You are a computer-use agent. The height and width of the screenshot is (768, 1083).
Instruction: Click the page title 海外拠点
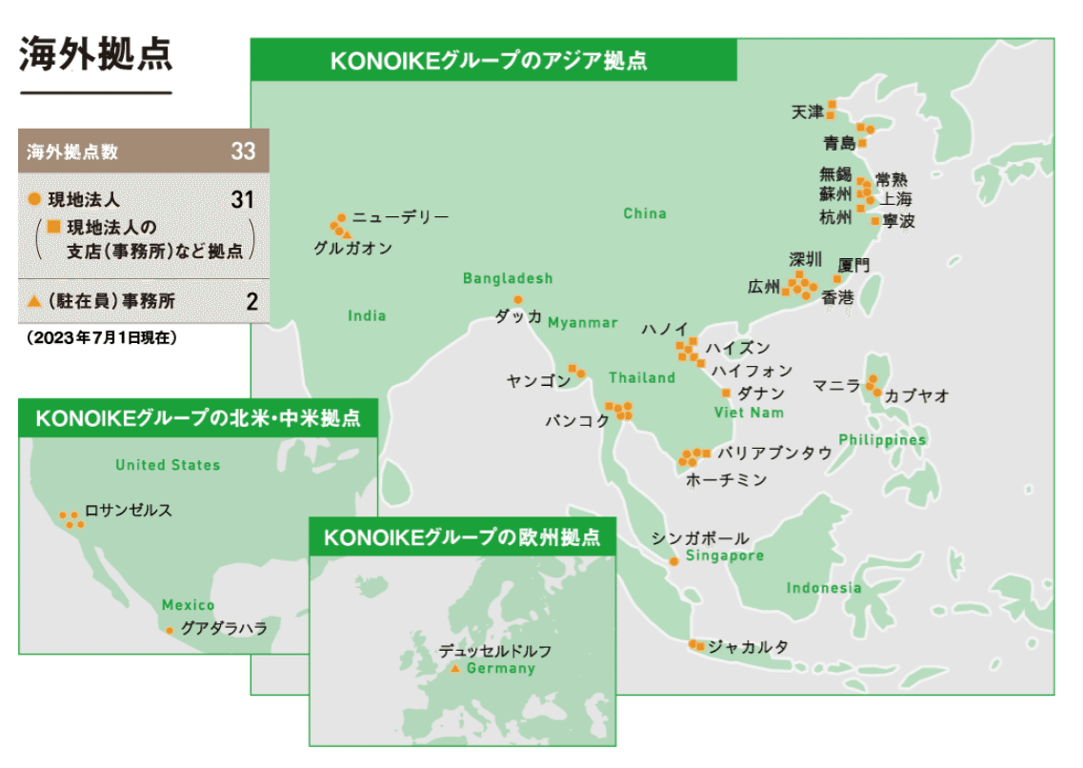(x=95, y=55)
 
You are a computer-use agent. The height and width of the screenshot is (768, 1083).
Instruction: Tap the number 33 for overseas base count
(x=243, y=152)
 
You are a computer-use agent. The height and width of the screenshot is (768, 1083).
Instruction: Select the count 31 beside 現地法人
(x=243, y=200)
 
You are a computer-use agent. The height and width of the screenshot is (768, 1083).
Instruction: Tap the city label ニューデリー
(x=400, y=217)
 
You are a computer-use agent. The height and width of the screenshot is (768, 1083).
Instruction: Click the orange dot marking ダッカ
(x=518, y=299)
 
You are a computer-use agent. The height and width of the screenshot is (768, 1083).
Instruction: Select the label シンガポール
(x=700, y=538)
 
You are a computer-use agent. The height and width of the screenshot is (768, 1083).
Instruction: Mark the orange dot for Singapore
(x=673, y=561)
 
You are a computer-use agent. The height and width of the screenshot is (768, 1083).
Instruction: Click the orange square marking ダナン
(x=727, y=393)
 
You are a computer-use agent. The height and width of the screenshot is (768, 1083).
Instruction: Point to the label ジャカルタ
(x=748, y=647)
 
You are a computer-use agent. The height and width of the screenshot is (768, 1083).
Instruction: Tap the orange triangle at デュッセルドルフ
(x=455, y=669)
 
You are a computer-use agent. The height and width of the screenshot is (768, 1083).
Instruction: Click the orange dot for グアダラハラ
(x=170, y=630)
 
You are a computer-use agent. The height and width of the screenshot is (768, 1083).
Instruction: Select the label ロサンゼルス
(x=129, y=510)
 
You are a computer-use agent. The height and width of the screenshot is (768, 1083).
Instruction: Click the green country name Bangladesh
(x=508, y=278)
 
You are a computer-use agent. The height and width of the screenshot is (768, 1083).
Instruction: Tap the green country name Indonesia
(x=823, y=588)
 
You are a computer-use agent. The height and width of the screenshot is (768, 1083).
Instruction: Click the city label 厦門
(x=853, y=264)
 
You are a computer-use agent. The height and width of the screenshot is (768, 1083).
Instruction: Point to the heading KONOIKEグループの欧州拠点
(x=462, y=537)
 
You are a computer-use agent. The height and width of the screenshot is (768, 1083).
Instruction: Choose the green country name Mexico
(x=188, y=605)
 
